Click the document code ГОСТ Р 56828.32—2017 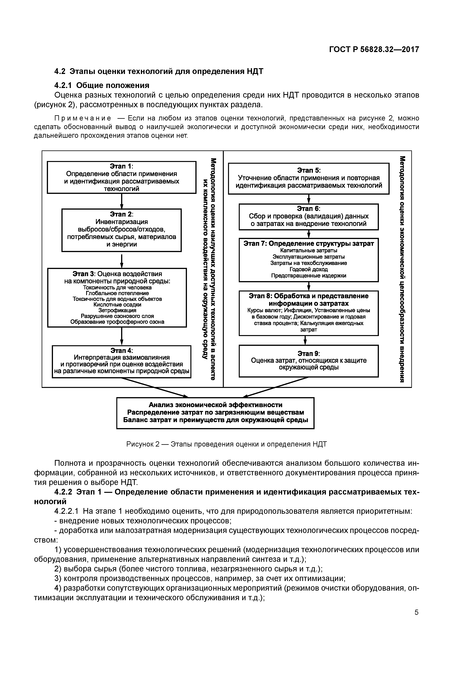click(374, 49)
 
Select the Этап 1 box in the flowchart click(121, 177)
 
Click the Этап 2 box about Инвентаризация click(121, 230)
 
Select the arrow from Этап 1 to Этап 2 click(122, 201)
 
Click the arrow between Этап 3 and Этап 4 click(122, 336)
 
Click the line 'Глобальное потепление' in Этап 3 click(117, 293)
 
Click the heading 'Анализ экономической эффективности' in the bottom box click(215, 405)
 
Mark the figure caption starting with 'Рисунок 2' click(226, 444)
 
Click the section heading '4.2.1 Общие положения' click(102, 85)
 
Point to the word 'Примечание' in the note click(83, 118)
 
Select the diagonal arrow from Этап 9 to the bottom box click(276, 387)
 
